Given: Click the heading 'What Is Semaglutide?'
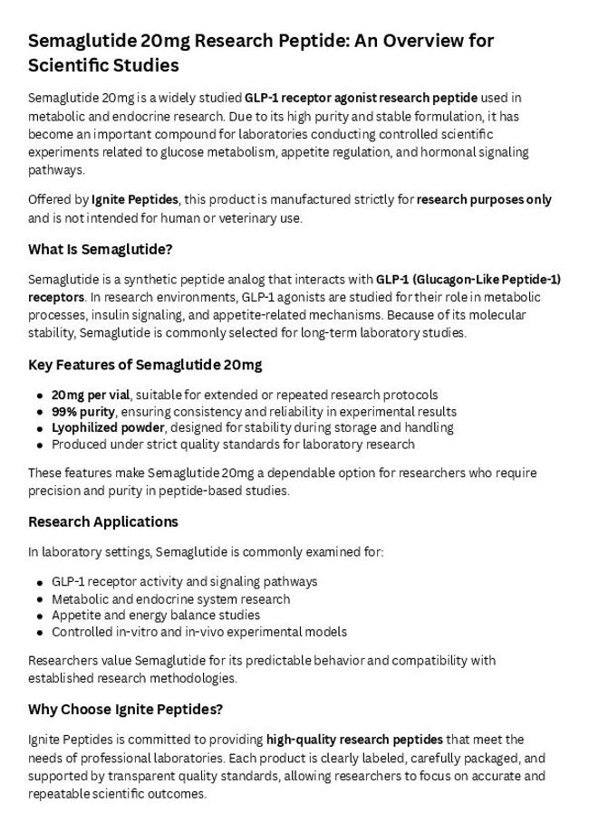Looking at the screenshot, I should tap(100, 249).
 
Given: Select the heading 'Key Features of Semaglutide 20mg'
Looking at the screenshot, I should tap(145, 365).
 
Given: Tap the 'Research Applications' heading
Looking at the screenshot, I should tap(103, 521).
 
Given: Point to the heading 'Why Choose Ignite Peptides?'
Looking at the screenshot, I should tap(126, 709).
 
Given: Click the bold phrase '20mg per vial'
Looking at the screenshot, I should tap(92, 395).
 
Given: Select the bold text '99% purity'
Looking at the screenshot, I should tap(82, 411).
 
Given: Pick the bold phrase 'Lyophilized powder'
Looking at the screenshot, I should tap(108, 427).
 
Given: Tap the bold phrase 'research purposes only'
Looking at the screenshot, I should tap(484, 199).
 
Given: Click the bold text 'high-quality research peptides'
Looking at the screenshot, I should tap(354, 740).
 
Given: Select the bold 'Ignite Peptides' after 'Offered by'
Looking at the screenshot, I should tap(135, 199).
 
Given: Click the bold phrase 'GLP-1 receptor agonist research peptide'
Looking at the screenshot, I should tap(361, 98).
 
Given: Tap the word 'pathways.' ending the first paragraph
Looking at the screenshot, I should tap(55, 170).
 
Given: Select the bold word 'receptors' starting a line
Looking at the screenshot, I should tap(56, 297).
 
